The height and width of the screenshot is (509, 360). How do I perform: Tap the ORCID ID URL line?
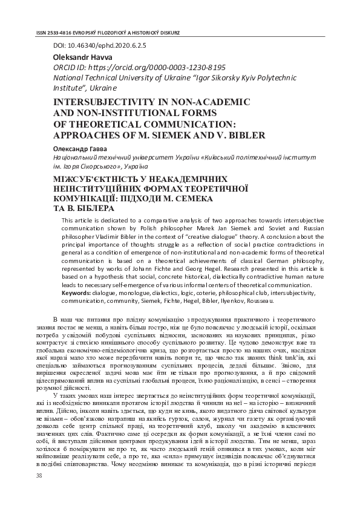(x=139, y=68)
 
